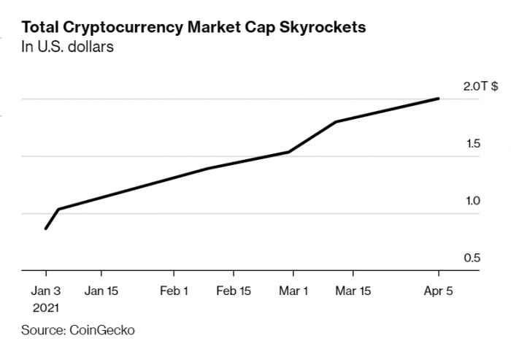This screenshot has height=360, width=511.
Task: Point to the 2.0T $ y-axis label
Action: tap(480, 86)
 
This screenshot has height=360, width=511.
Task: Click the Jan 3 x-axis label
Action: tap(45, 290)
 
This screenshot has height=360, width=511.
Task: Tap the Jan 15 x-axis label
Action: tap(101, 290)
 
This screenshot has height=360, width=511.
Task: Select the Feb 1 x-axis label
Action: tap(174, 290)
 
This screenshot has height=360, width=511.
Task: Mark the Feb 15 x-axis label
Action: tap(234, 290)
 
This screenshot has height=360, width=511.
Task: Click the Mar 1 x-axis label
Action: tap(293, 290)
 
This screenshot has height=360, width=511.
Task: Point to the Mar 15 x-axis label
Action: tap(353, 290)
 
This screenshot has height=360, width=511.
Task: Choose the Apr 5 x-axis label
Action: tap(438, 290)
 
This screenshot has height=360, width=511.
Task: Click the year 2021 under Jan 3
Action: tap(45, 308)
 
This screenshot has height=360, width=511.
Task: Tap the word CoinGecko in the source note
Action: tap(102, 330)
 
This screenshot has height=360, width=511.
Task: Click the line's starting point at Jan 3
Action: tap(45, 229)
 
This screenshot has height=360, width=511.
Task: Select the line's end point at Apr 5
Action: tap(439, 98)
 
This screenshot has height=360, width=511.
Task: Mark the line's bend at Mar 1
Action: tap(289, 152)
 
